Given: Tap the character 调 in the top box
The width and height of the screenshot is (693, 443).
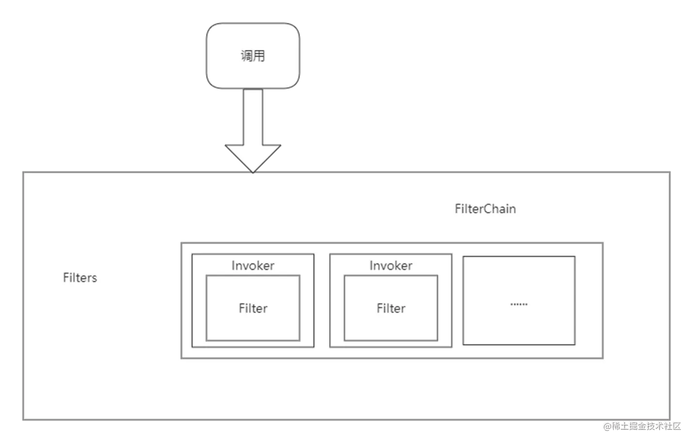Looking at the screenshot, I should tap(247, 56).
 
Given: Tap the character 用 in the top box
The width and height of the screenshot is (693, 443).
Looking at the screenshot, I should tap(259, 56).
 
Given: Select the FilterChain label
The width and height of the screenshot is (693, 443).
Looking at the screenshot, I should tap(485, 209).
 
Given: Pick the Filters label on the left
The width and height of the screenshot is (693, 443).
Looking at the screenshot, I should tap(80, 278).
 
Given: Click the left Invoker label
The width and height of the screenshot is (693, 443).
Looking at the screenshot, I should tap(253, 266).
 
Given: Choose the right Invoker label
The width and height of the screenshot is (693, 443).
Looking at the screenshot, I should tap(391, 266).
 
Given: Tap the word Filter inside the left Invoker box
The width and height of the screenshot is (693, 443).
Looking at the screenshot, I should tap(253, 308).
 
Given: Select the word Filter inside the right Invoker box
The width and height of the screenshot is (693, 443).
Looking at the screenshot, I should tap(391, 308).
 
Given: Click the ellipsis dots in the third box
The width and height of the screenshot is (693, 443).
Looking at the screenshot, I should tap(519, 304).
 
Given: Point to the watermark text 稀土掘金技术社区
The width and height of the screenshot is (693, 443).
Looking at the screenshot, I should tap(645, 426).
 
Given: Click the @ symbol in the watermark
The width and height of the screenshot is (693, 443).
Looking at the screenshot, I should tap(606, 426).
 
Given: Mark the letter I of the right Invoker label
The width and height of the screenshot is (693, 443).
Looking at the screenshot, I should tap(371, 266).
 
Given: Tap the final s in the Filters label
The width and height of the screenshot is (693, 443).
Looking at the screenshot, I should tap(94, 278).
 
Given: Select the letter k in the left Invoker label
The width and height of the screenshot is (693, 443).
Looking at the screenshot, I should tap(258, 266).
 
